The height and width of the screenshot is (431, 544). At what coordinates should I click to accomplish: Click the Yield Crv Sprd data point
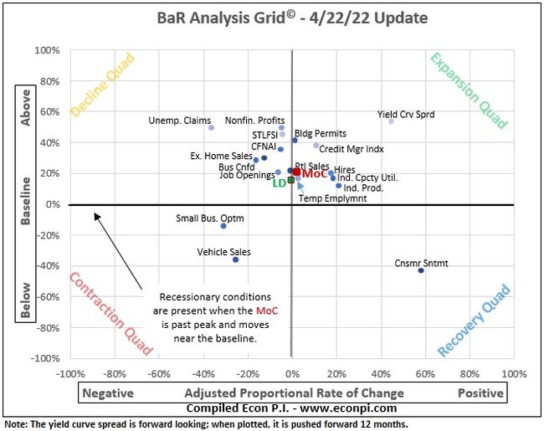click(x=391, y=121)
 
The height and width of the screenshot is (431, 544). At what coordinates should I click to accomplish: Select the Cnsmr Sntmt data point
click(x=421, y=270)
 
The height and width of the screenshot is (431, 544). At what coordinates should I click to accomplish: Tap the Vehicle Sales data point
click(x=236, y=259)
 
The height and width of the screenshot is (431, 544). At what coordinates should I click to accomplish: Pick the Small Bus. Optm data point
click(x=223, y=226)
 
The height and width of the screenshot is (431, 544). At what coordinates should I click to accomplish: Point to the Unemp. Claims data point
click(x=212, y=127)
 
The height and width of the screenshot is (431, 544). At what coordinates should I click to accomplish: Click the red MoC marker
click(x=296, y=172)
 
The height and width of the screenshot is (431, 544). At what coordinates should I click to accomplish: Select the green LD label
click(x=280, y=182)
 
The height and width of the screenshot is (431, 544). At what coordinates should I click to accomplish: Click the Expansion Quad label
click(x=469, y=91)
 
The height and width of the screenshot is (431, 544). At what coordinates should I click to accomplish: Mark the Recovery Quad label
click(x=474, y=319)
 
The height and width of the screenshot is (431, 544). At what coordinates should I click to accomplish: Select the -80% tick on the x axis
click(x=114, y=372)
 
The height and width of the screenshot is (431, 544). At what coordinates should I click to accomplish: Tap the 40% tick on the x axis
click(x=381, y=372)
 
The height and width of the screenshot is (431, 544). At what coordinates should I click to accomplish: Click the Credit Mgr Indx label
click(x=352, y=150)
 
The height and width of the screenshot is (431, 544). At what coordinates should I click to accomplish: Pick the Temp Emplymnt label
click(x=332, y=198)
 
